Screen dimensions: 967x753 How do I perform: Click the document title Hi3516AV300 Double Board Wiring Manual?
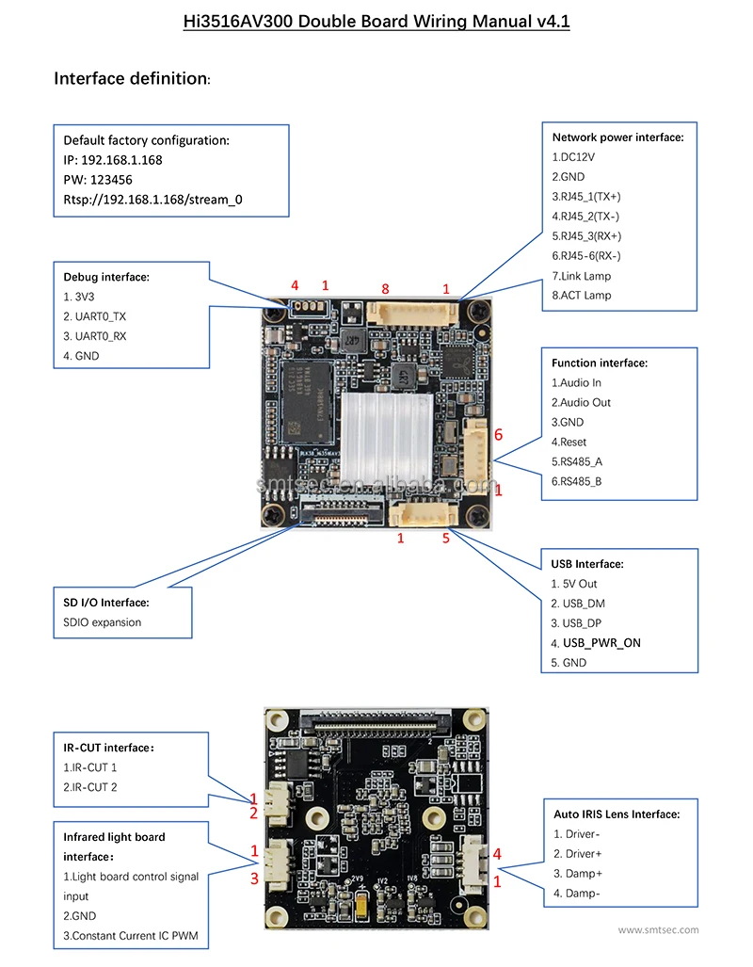(x=376, y=21)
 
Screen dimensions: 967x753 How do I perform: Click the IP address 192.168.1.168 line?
(x=112, y=160)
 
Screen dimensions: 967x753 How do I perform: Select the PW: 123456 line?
(x=98, y=180)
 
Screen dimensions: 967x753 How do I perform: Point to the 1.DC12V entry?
(x=575, y=157)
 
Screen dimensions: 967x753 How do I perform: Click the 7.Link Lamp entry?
(x=581, y=276)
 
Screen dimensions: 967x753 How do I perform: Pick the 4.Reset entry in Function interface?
(x=569, y=442)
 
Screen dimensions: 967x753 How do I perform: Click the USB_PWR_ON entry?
(x=601, y=643)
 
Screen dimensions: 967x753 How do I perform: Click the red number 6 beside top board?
(x=498, y=435)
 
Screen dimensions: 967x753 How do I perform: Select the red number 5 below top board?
(x=446, y=539)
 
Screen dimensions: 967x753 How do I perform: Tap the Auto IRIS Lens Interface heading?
(x=616, y=814)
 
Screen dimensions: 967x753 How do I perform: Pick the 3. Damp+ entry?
(x=579, y=874)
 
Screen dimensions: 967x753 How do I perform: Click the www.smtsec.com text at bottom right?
(x=658, y=930)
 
